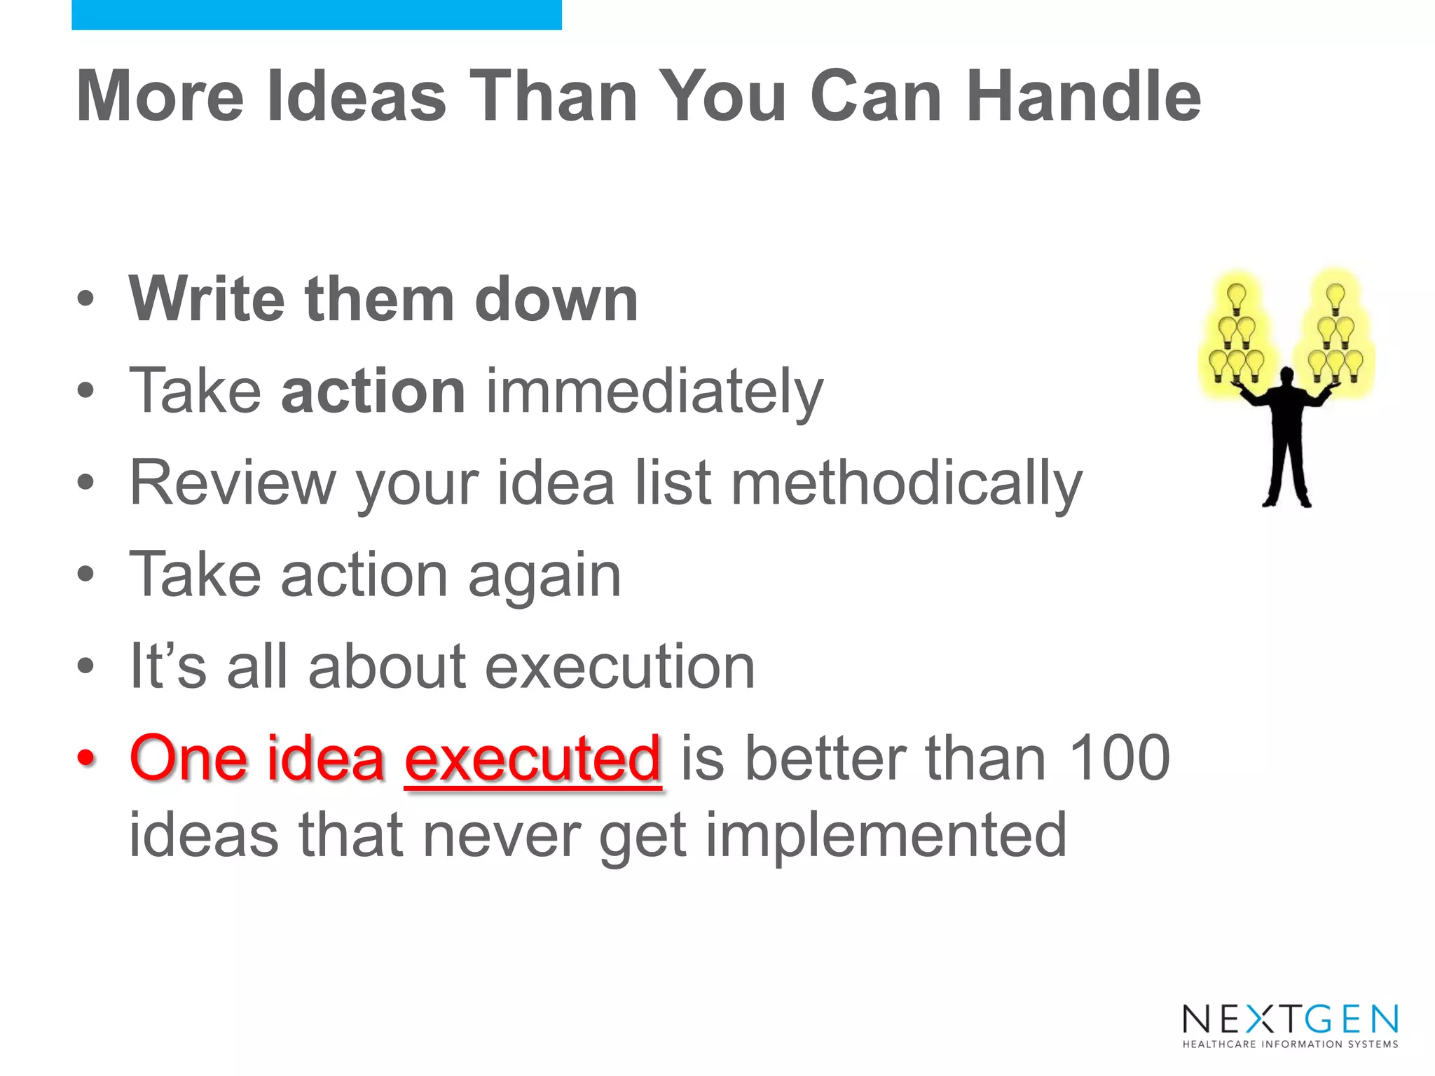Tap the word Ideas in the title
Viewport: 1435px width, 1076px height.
[356, 97]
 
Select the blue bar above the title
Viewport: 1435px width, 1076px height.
[316, 15]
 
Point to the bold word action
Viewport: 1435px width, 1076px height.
[373, 391]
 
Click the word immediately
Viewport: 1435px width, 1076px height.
[654, 392]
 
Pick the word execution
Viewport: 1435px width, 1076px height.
[619, 666]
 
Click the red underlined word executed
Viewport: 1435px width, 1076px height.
[533, 759]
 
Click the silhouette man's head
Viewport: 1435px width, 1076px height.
[1286, 376]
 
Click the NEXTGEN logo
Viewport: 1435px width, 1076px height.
[1290, 1019]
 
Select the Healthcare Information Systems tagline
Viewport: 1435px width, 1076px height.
[1290, 1044]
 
